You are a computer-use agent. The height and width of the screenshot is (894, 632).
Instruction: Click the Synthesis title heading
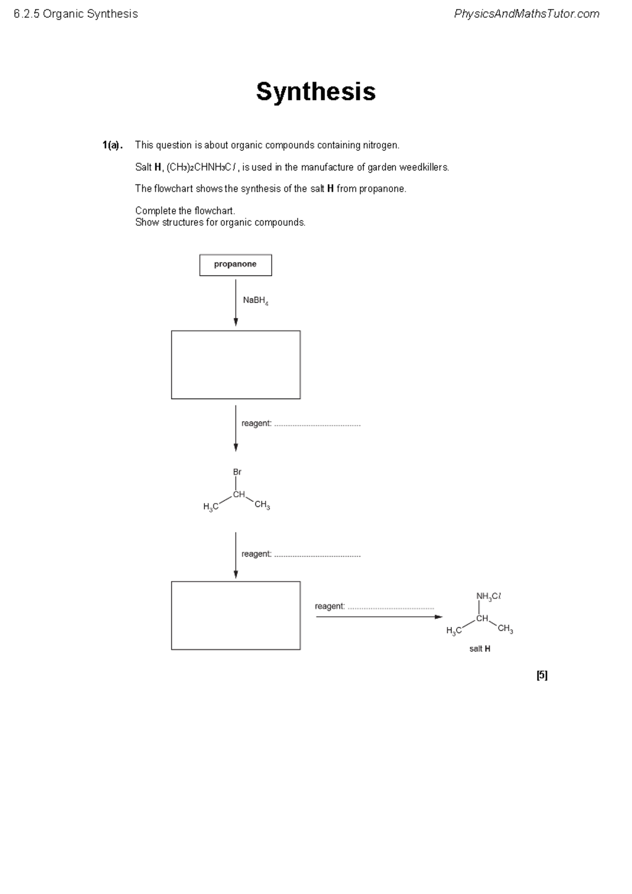tap(315, 92)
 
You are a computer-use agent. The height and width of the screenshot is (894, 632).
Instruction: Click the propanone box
tap(235, 265)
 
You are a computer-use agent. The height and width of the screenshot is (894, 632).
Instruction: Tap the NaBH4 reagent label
tap(255, 300)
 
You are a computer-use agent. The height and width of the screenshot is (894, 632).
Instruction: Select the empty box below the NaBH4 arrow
tap(235, 365)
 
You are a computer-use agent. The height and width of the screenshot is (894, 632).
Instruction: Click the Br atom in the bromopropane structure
tap(237, 472)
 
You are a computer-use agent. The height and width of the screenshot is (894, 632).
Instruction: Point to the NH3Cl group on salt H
tap(488, 596)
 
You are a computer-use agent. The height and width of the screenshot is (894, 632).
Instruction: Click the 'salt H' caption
tap(480, 649)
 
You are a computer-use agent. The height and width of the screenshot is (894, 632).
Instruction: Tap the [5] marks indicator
tap(542, 675)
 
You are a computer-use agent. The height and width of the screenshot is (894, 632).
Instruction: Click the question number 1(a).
tap(112, 145)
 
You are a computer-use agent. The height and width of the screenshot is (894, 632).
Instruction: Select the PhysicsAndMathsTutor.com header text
tap(527, 14)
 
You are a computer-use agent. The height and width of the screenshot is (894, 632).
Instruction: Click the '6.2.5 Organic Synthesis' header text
tap(76, 14)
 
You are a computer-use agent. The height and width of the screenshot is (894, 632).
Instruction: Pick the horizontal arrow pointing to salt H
tap(379, 617)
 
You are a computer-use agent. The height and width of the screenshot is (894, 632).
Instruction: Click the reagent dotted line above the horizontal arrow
tap(391, 607)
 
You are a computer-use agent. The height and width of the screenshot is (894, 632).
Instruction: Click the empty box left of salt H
tap(235, 616)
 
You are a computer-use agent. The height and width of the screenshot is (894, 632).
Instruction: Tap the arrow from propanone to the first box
tap(235, 303)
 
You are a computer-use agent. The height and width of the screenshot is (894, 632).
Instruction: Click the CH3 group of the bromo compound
tap(262, 505)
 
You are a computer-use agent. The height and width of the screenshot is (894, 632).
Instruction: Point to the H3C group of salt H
tap(453, 630)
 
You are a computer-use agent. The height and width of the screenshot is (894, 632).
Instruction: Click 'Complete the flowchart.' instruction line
tap(185, 211)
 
